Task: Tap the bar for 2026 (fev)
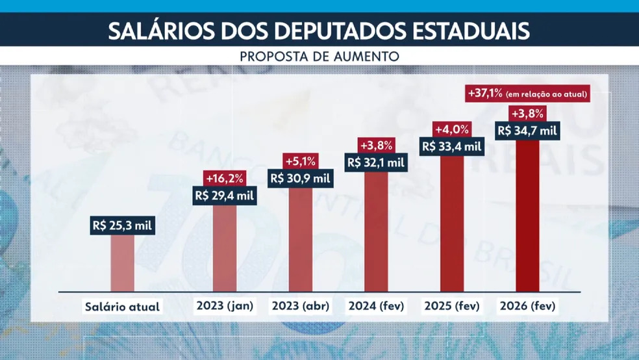[x=527, y=214]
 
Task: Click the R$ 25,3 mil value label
[x=122, y=226]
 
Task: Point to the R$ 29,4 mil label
[x=225, y=195]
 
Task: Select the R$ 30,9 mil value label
[x=300, y=178]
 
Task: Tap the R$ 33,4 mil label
[x=452, y=146]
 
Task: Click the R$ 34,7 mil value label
[x=527, y=130]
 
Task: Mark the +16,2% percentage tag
[x=225, y=177]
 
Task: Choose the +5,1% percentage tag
[x=300, y=161]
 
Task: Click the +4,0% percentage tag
[x=452, y=129]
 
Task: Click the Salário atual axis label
[x=122, y=306]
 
